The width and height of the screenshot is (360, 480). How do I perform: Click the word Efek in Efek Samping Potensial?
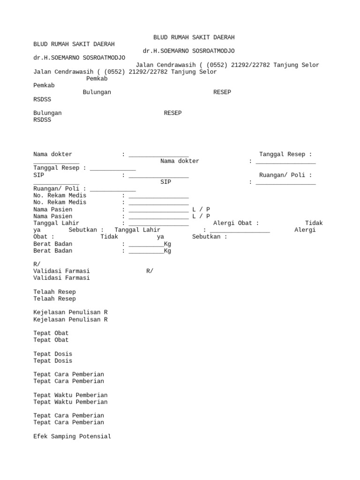[x=40, y=436]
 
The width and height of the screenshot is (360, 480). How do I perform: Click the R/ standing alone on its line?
[x=37, y=264]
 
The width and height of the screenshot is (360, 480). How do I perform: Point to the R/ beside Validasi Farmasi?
[x=150, y=271]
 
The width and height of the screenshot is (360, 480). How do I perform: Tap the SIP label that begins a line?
[x=38, y=175]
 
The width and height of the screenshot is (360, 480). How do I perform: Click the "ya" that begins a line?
[x=37, y=230]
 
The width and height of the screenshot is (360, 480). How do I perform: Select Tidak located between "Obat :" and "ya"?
[x=109, y=237]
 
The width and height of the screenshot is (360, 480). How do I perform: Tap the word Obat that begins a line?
[x=40, y=237]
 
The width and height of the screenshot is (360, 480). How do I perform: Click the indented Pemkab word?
[x=97, y=79]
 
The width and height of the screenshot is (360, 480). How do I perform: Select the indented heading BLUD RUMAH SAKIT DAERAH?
[x=194, y=37]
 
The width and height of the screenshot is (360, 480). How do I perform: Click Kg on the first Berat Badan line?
[x=167, y=244]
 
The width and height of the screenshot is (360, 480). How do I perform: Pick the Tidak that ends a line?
[x=314, y=223]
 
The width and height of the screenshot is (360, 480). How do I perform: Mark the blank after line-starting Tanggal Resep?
[x=113, y=168]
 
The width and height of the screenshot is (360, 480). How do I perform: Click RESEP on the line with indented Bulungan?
[x=222, y=92]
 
